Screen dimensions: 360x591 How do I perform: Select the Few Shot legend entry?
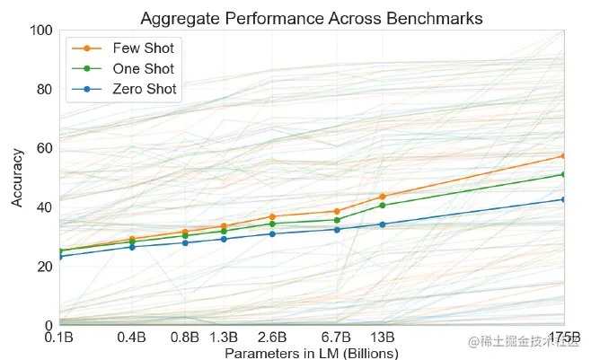pos(144,48)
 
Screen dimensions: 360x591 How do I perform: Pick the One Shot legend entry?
pos(144,68)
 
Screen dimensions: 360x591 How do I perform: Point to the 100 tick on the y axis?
pos(40,30)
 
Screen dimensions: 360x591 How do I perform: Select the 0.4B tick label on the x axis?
pos(132,338)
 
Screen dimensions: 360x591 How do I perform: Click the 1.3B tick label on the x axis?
pos(224,338)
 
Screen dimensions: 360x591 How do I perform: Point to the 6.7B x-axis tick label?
pos(337,338)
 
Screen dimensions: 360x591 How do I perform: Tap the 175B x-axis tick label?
pos(564,338)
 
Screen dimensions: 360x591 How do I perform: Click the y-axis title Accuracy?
pos(17,178)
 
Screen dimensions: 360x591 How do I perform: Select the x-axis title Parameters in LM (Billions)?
pos(311,354)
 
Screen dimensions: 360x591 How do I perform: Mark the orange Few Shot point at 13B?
pos(383,196)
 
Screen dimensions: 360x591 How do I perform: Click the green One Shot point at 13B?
pos(383,206)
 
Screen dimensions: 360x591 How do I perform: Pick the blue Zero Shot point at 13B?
pos(383,224)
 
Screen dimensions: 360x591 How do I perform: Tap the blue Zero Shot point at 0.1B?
pos(60,257)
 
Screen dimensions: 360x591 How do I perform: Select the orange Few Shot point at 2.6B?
pos(272,216)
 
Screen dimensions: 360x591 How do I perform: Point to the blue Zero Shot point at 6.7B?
pos(337,229)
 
